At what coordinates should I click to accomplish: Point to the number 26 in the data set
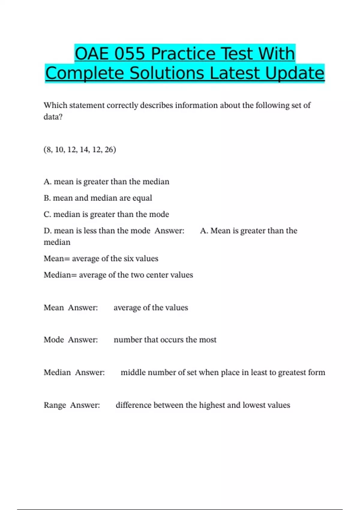pyautogui.click(x=109, y=149)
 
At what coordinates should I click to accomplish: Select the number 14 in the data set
pyautogui.click(x=84, y=149)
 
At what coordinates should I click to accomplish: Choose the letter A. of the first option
pyautogui.click(x=47, y=181)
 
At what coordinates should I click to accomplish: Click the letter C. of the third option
pyautogui.click(x=47, y=214)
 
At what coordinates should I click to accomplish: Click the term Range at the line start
pyautogui.click(x=55, y=405)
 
